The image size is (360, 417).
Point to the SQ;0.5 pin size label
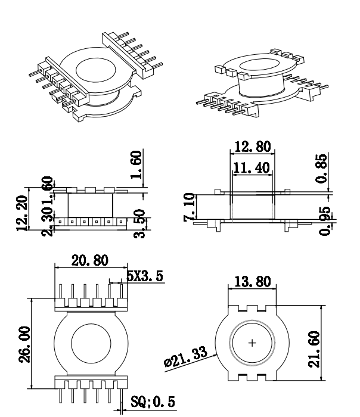tap(153, 402)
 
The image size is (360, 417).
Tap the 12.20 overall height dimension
tap(23, 211)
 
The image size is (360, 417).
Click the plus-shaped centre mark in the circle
tap(252, 343)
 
